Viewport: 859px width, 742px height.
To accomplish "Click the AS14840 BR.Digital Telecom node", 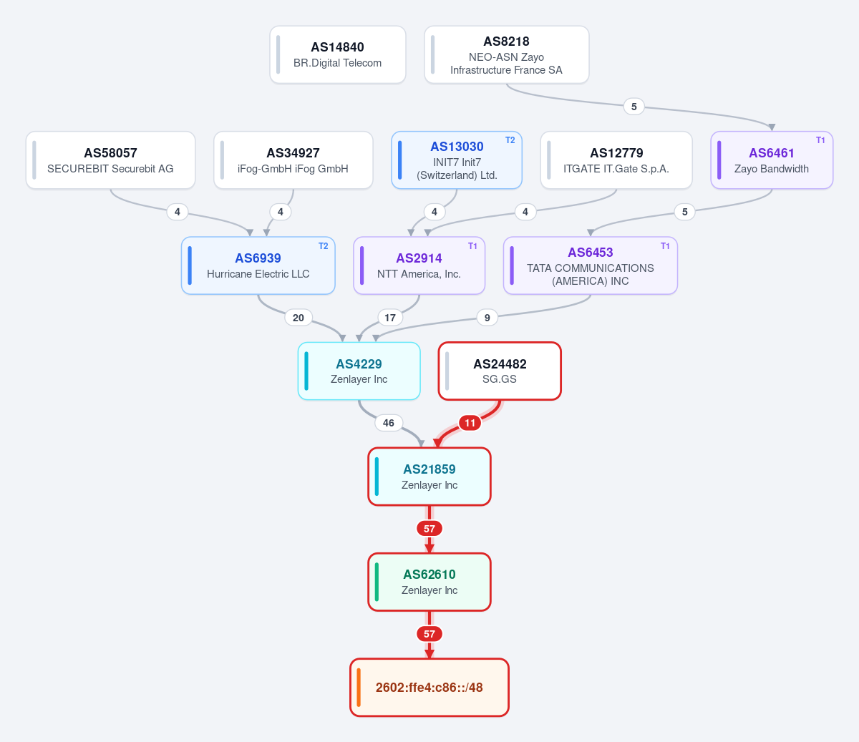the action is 337,54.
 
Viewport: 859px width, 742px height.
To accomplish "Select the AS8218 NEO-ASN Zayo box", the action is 506,54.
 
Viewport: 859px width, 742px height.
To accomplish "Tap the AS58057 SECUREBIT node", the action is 110,160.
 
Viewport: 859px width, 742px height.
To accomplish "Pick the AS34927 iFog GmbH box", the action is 293,160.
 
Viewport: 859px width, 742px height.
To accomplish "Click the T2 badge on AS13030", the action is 510,140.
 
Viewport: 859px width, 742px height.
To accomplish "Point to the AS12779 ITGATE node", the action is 616,160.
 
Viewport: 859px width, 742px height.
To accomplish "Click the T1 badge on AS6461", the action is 820,140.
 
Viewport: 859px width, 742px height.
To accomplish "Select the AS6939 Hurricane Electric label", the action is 258,265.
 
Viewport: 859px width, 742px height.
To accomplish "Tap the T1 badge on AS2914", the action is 472,246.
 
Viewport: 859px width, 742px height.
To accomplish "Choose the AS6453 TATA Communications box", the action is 590,265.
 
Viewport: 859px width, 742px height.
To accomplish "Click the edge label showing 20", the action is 298,318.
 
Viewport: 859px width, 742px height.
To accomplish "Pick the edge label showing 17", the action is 390,318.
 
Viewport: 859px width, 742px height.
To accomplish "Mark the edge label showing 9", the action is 487,318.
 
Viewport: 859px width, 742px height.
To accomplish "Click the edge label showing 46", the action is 388,423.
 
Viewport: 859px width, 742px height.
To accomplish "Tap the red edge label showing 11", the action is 470,423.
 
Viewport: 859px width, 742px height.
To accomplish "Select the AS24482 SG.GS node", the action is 500,371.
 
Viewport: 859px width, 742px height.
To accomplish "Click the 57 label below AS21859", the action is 429,529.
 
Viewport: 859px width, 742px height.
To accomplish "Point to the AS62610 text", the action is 429,574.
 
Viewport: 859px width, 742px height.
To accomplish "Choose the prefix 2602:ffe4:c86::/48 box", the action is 429,688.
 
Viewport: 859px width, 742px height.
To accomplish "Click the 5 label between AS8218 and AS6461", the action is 634,107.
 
